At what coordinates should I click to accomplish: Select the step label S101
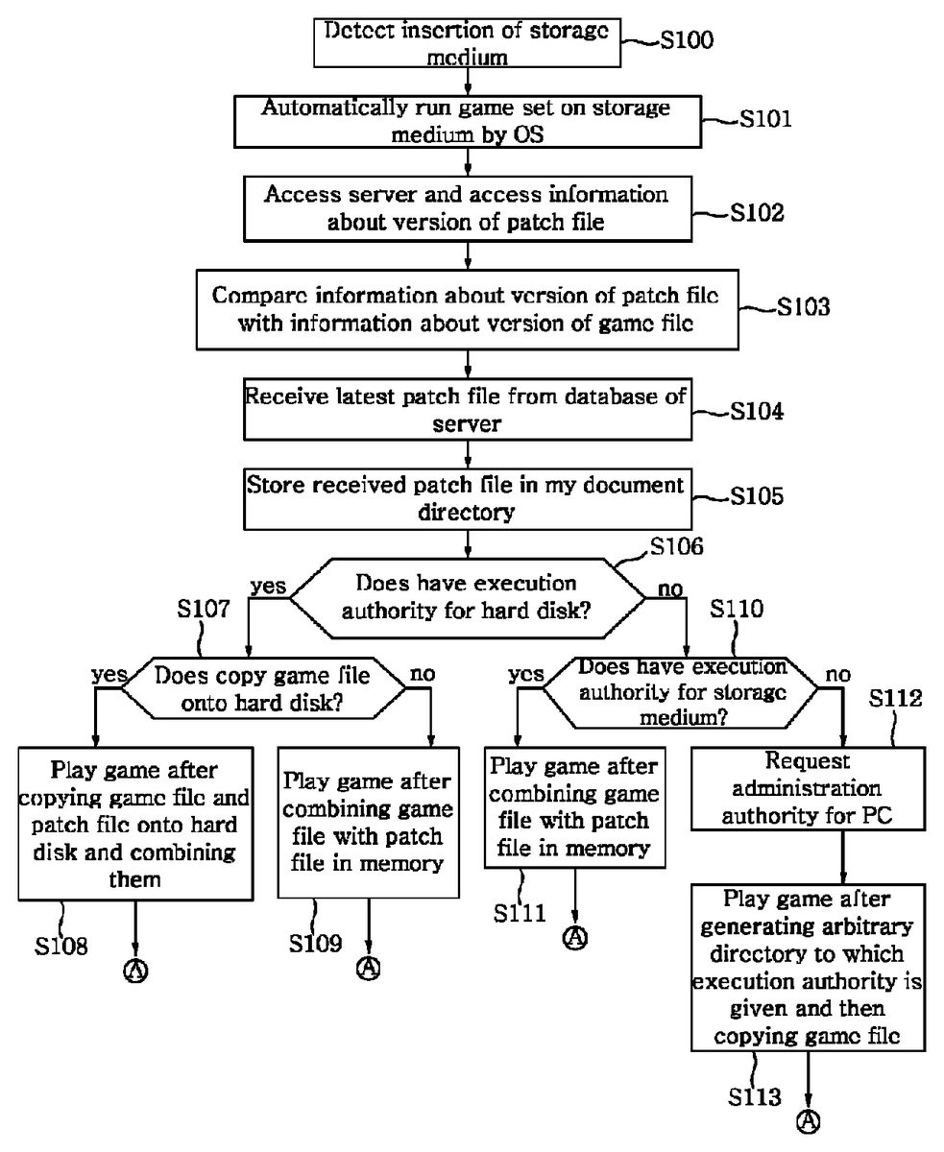pyautogui.click(x=764, y=120)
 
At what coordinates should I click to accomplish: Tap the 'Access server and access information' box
pyautogui.click(x=467, y=207)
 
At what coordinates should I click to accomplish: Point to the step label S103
pyautogui.click(x=803, y=308)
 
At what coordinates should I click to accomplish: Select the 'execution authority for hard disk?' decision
pyautogui.click(x=467, y=596)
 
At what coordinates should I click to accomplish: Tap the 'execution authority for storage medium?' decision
pyautogui.click(x=682, y=690)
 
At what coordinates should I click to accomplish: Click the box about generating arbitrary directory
pyautogui.click(x=807, y=968)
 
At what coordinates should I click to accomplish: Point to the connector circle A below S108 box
pyautogui.click(x=135, y=971)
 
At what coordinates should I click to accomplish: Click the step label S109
pyautogui.click(x=315, y=943)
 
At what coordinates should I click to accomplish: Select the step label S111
pyautogui.click(x=520, y=912)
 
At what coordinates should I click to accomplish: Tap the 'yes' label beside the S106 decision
pyautogui.click(x=268, y=585)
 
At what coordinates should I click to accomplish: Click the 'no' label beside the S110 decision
pyautogui.click(x=837, y=675)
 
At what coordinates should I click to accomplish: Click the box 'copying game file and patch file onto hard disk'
pyautogui.click(x=134, y=823)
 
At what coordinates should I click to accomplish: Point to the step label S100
pyautogui.click(x=688, y=43)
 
